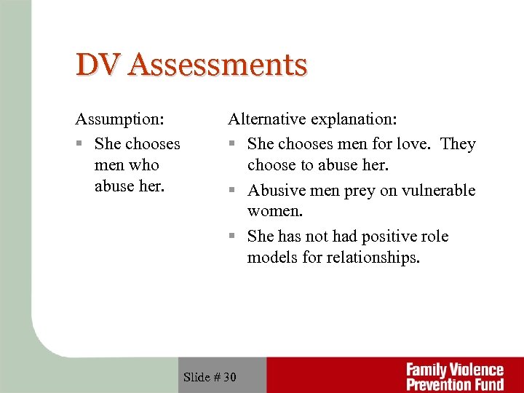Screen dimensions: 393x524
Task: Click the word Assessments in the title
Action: pyautogui.click(x=218, y=65)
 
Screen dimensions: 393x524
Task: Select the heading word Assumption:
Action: pyautogui.click(x=119, y=119)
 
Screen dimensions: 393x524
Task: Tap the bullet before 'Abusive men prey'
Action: pyautogui.click(x=232, y=191)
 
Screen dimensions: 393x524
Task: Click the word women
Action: pyautogui.click(x=274, y=211)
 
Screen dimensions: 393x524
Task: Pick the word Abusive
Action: pyautogui.click(x=276, y=191)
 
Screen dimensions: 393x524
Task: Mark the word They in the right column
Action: pyautogui.click(x=458, y=144)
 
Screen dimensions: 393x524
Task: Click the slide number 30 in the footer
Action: pyautogui.click(x=230, y=376)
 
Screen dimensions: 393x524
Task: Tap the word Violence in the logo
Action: pyautogui.click(x=476, y=370)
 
